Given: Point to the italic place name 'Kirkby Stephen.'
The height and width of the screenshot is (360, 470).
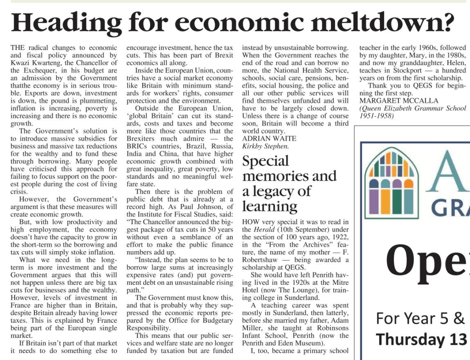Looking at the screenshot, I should point(265,146).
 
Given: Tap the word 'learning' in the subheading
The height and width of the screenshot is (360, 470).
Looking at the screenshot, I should point(270,206).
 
